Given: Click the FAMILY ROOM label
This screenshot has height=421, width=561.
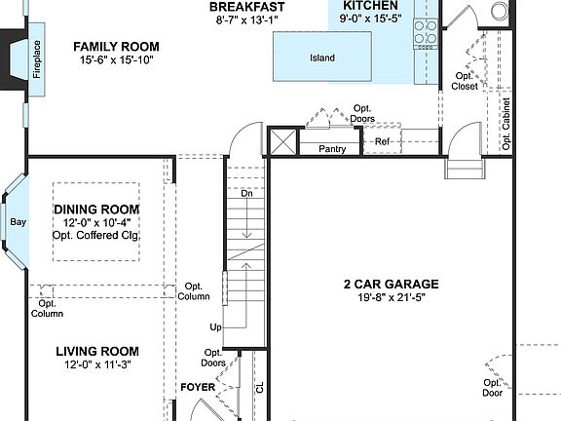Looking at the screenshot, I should (117, 47).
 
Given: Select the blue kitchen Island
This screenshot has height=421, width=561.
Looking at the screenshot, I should (322, 57).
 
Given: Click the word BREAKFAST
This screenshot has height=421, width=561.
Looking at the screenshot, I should (247, 7).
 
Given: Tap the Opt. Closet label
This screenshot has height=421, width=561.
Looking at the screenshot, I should (466, 81).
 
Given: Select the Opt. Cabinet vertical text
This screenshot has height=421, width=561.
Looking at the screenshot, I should (506, 124).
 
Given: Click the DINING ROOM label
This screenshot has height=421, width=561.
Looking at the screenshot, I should (96, 210).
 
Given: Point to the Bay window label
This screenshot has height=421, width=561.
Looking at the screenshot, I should (18, 222).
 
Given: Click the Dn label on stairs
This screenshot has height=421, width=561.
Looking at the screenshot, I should (246, 194).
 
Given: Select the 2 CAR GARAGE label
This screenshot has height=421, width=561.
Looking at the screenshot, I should (391, 285).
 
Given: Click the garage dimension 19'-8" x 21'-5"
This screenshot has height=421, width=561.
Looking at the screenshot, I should (391, 298).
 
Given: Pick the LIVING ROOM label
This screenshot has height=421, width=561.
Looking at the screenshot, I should (96, 352).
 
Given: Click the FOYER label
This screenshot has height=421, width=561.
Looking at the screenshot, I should (198, 388).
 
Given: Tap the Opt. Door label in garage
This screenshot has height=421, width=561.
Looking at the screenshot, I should (493, 388).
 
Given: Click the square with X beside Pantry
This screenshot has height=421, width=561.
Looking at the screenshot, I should (281, 142).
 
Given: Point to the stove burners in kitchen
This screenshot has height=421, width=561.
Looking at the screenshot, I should (426, 32).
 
